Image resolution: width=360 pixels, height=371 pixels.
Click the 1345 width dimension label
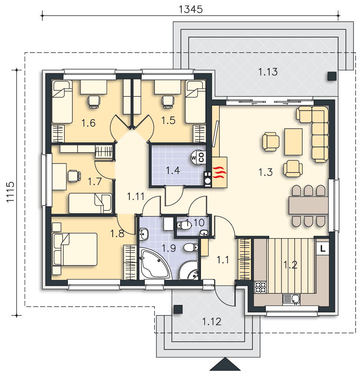[191, 10]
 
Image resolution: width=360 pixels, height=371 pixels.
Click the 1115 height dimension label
[10, 192]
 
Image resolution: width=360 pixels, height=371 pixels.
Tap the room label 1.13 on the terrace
[268, 72]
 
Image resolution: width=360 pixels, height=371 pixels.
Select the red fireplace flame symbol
[219, 172]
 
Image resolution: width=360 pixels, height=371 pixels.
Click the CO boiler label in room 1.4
[201, 157]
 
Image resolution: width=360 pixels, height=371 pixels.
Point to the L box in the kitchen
[323, 249]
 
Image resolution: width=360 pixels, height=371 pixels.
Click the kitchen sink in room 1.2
[291, 299]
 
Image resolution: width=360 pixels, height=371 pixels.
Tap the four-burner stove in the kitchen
[260, 287]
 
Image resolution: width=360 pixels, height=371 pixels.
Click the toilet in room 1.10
[184, 225]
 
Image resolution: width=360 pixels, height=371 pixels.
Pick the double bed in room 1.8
[75, 249]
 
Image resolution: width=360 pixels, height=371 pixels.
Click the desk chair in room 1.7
[75, 176]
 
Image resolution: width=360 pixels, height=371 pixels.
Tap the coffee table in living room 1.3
[293, 142]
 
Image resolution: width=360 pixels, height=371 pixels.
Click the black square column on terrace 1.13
[332, 76]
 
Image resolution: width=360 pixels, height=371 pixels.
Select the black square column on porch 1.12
[178, 309]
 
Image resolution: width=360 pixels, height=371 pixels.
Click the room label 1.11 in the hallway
[136, 196]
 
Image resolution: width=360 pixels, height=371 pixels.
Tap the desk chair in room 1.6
[93, 102]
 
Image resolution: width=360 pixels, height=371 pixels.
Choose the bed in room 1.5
[195, 102]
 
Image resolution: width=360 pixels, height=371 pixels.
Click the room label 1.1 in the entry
[223, 260]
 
